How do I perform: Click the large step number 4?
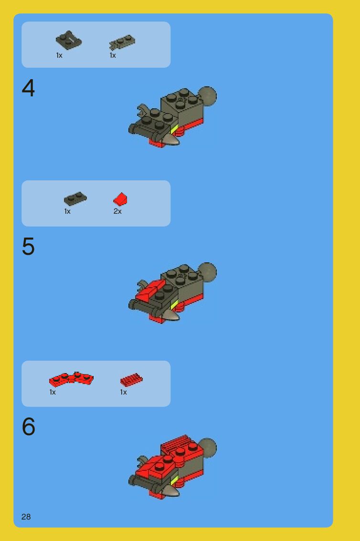pyautogui.click(x=28, y=88)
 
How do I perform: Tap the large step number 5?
pyautogui.click(x=28, y=246)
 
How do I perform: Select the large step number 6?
pyautogui.click(x=28, y=427)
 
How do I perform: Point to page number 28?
pyautogui.click(x=26, y=517)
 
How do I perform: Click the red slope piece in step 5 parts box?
pyautogui.click(x=120, y=199)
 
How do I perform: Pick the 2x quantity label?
pyautogui.click(x=117, y=211)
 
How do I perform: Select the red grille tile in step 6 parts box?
pyautogui.click(x=131, y=380)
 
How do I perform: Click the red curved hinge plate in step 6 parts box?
pyautogui.click(x=71, y=379)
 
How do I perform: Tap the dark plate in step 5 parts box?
pyautogui.click(x=75, y=199)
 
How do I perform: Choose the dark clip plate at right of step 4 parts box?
pyautogui.click(x=122, y=42)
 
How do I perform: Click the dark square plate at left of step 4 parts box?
pyautogui.click(x=69, y=40)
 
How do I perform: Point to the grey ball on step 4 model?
pyautogui.click(x=208, y=96)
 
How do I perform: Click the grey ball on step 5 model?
pyautogui.click(x=208, y=272)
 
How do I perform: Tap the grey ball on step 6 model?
pyautogui.click(x=208, y=447)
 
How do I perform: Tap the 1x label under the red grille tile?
pyautogui.click(x=123, y=392)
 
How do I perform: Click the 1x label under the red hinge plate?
pyautogui.click(x=53, y=392)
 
